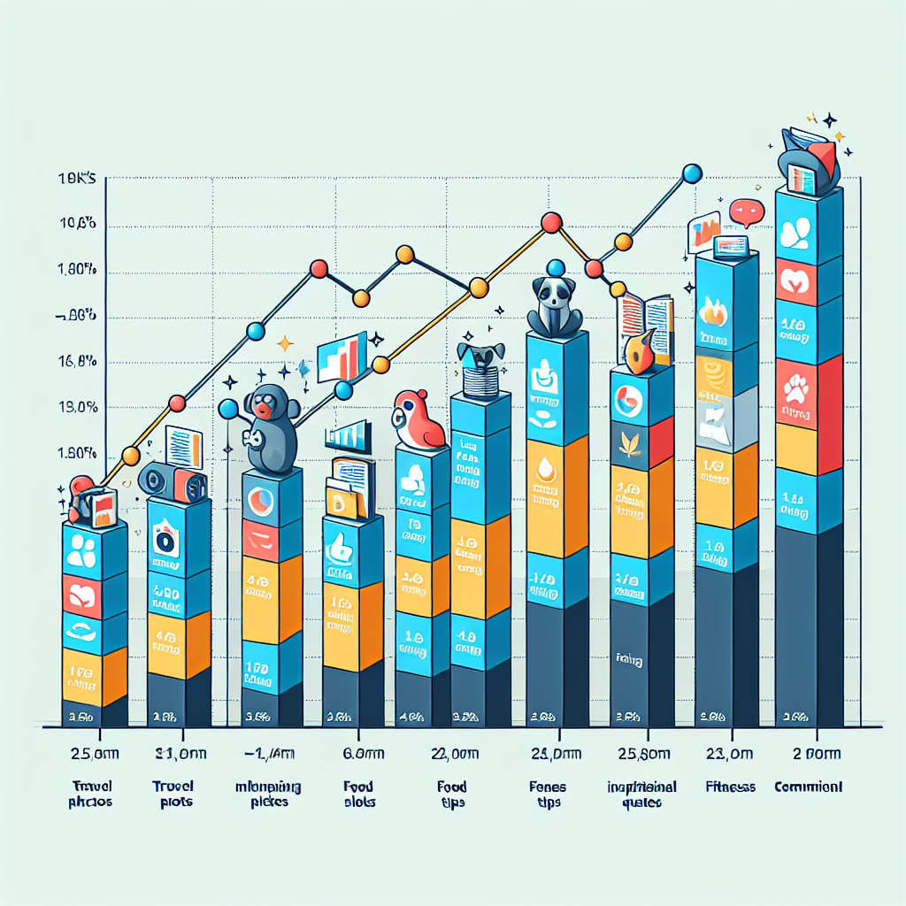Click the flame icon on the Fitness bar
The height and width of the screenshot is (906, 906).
(714, 312)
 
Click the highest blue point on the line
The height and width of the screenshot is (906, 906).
(693, 173)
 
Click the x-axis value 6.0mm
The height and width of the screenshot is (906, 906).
(357, 754)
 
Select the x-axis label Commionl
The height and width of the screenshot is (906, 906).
(808, 786)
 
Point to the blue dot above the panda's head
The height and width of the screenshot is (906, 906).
(555, 266)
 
